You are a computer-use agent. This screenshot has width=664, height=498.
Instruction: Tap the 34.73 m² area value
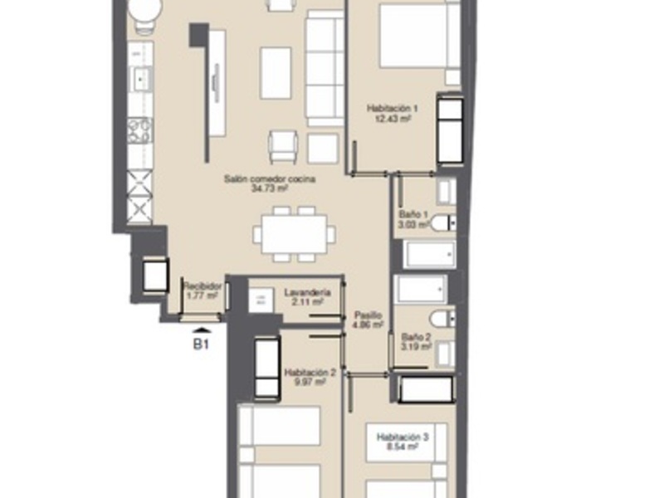[269, 188]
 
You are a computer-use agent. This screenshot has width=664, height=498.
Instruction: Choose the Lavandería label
[307, 293]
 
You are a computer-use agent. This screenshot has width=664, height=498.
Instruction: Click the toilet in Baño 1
[444, 222]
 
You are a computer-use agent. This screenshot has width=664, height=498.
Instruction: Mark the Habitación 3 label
[402, 437]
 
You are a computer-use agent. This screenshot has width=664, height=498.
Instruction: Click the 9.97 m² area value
[310, 383]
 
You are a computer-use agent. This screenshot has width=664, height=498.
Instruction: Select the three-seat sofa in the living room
[325, 70]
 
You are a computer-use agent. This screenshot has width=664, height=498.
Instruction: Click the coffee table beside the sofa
[276, 73]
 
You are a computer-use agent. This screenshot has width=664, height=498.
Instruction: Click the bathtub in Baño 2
[422, 290]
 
